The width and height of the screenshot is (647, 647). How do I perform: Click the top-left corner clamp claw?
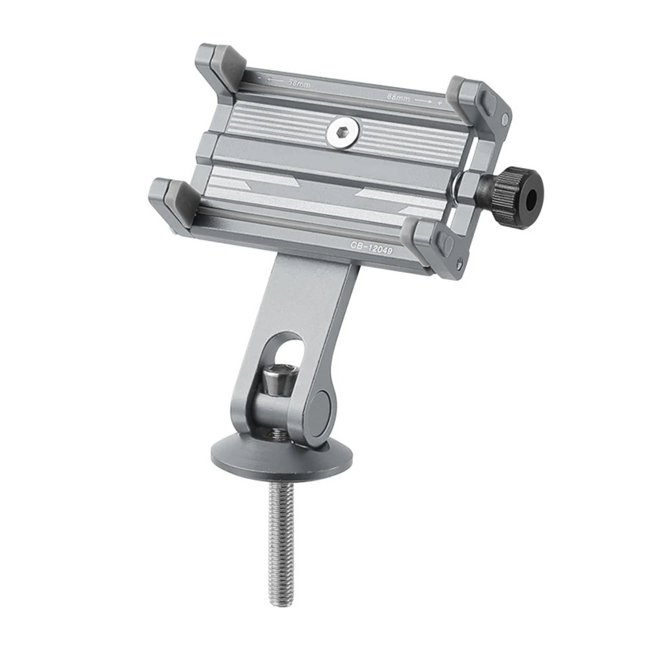[219, 65]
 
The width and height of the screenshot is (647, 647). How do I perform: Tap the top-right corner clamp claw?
[475, 97]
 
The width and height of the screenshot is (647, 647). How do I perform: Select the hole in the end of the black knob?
[532, 200]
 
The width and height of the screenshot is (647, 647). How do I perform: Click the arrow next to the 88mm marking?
[424, 100]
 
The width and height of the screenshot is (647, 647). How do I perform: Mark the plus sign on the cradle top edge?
[440, 103]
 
